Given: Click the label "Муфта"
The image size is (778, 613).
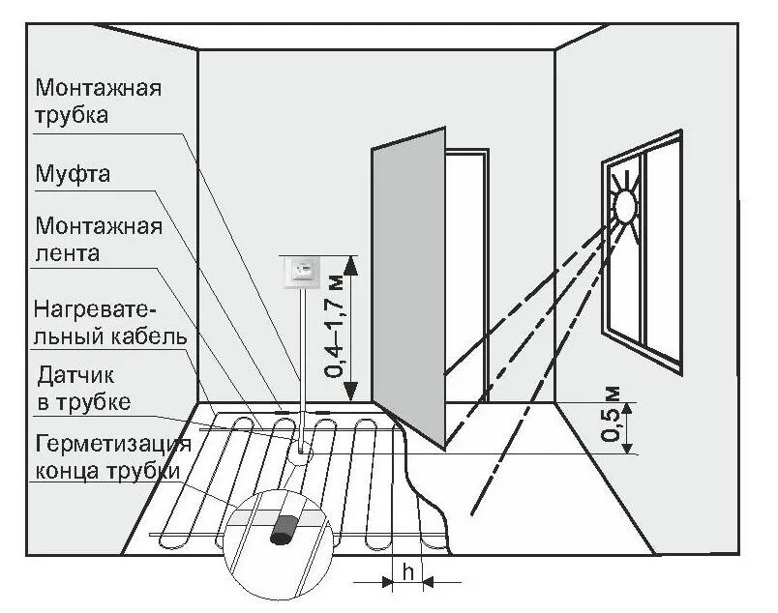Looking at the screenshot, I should (73, 176).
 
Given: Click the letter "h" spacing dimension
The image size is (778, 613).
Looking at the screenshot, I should (408, 573).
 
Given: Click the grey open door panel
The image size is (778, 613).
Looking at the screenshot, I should (407, 290).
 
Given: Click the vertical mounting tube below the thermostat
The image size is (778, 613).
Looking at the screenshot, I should (303, 358).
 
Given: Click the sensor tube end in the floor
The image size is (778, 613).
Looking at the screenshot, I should (303, 447).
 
